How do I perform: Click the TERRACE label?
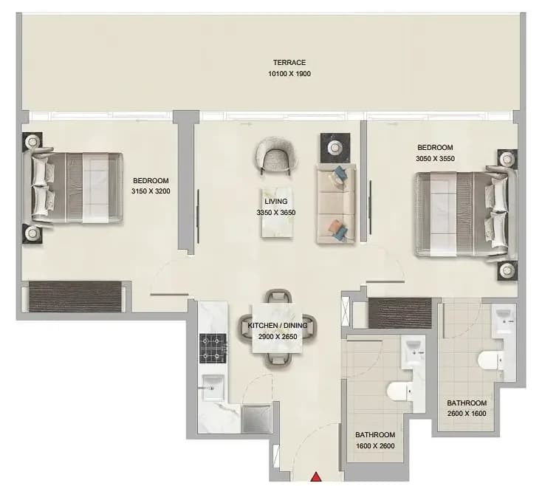click(289, 63)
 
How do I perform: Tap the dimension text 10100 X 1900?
click(289, 74)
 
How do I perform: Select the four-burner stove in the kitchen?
click(213, 349)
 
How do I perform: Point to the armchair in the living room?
click(275, 154)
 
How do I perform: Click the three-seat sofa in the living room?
click(336, 204)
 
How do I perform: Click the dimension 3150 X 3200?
click(151, 191)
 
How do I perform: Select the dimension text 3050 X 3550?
click(435, 159)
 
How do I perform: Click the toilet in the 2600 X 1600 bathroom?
click(490, 360)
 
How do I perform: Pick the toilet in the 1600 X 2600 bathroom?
click(399, 391)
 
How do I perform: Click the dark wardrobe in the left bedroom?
click(75, 297)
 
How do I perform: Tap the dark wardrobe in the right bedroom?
click(400, 313)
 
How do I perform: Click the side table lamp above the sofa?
click(335, 148)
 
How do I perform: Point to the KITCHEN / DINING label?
click(278, 326)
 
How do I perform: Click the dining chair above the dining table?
click(278, 297)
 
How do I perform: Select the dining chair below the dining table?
click(278, 360)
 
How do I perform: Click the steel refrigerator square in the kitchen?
click(256, 420)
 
